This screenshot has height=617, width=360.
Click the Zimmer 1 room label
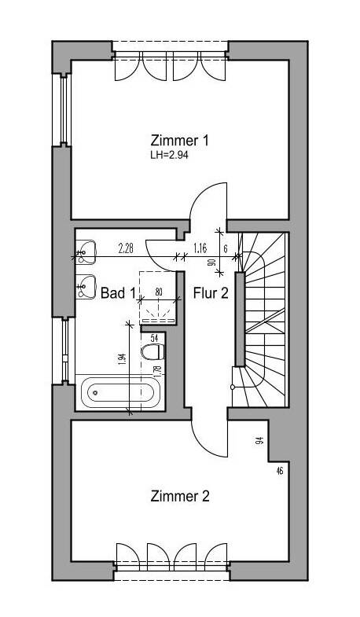pos(179,141)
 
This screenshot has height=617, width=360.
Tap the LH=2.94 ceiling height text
pos(169,155)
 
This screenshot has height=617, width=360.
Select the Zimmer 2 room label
pos(180,496)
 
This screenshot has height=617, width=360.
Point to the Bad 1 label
pos(118,292)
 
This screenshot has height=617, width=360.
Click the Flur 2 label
pos(211,292)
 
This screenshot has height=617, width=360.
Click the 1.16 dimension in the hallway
pos(200,248)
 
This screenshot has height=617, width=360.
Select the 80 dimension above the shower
pos(159,292)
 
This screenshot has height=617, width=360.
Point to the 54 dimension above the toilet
pos(154,338)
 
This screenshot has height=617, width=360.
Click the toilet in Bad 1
pos(152,351)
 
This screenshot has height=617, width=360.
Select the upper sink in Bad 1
pos(86,252)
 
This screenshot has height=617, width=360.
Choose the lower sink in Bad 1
pos(86,286)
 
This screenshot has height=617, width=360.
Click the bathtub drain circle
pos(95,392)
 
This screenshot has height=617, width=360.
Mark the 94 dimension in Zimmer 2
pos(259,441)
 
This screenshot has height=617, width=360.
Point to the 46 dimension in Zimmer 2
pos(280,471)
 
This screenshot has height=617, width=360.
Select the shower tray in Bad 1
pos(158,298)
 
